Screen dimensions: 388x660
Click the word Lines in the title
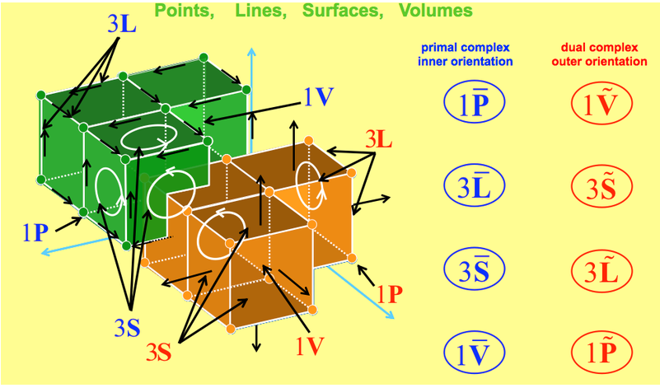click(281, 11)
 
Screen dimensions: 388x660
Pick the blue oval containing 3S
click(474, 269)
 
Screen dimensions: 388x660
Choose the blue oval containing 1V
click(474, 353)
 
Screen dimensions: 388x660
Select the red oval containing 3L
click(601, 269)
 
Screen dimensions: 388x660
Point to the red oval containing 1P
click(601, 353)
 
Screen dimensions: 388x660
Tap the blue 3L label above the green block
click(123, 22)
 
